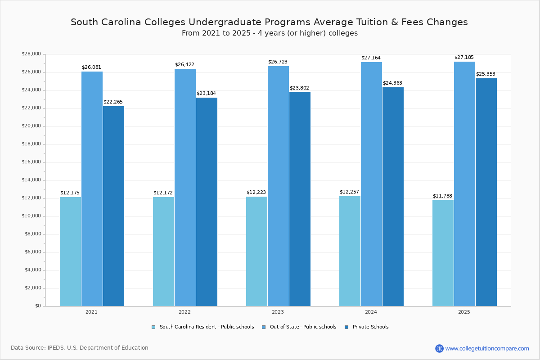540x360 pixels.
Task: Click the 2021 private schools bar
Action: (x=113, y=206)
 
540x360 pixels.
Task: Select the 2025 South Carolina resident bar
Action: (x=443, y=253)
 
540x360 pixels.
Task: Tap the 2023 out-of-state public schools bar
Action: (x=278, y=186)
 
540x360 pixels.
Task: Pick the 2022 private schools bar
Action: (x=207, y=202)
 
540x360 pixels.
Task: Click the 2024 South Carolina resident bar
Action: (x=350, y=251)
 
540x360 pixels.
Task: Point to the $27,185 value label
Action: (x=464, y=58)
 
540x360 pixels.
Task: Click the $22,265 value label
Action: (x=113, y=102)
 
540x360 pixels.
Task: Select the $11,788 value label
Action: (x=442, y=196)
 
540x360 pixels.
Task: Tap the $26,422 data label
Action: (x=184, y=65)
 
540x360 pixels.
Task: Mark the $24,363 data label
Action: (x=392, y=83)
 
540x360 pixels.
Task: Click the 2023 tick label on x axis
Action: (x=278, y=312)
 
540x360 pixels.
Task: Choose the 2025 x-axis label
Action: (x=464, y=312)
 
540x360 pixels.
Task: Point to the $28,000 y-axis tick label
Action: (x=31, y=54)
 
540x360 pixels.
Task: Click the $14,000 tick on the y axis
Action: (x=31, y=180)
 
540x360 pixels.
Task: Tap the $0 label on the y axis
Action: (x=38, y=306)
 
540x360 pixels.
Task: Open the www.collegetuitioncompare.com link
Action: (x=487, y=348)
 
